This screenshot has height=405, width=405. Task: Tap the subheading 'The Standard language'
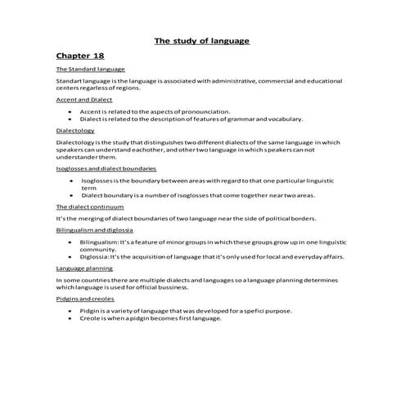pos(84,70)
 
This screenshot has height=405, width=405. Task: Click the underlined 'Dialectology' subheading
pos(75,130)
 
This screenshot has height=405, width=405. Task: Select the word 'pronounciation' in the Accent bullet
pos(205,110)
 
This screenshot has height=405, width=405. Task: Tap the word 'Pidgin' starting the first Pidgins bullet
pos(90,311)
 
